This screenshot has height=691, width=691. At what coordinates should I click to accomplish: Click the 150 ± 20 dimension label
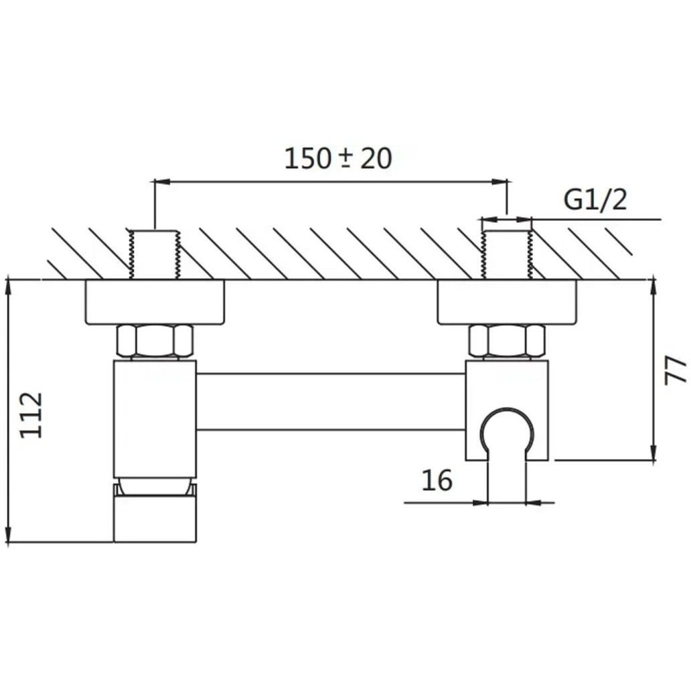click(338, 159)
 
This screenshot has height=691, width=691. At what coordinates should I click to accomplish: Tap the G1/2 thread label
click(595, 200)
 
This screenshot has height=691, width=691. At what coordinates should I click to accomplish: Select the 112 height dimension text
click(31, 415)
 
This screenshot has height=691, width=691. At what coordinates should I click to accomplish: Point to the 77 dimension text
click(676, 371)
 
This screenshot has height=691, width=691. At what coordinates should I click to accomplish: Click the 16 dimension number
click(437, 480)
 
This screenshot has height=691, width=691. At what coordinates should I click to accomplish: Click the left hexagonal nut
click(155, 341)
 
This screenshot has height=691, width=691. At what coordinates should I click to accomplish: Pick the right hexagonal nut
click(507, 341)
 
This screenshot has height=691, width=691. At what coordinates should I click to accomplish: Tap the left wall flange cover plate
click(155, 303)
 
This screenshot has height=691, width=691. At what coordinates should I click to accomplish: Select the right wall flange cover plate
click(507, 303)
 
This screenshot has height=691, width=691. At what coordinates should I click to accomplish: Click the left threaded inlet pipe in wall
click(155, 254)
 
